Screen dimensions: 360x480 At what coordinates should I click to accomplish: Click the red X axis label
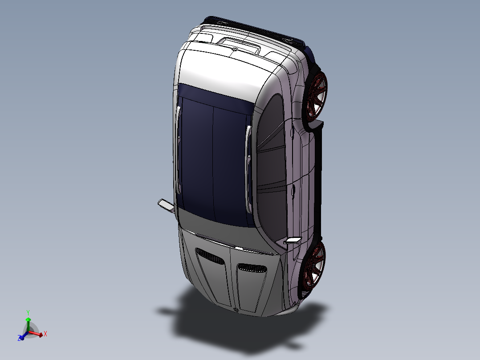pos(45,333)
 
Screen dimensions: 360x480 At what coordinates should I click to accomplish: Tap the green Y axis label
pos(28,312)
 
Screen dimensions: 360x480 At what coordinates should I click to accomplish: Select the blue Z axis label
pos(20,339)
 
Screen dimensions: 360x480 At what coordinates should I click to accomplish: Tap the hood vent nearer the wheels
pos(252,267)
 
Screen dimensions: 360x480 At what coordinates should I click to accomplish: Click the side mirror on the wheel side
pos(293,241)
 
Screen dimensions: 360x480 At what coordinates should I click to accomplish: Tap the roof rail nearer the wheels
pos(248,151)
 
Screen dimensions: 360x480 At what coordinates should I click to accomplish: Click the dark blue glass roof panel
pos(214,156)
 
